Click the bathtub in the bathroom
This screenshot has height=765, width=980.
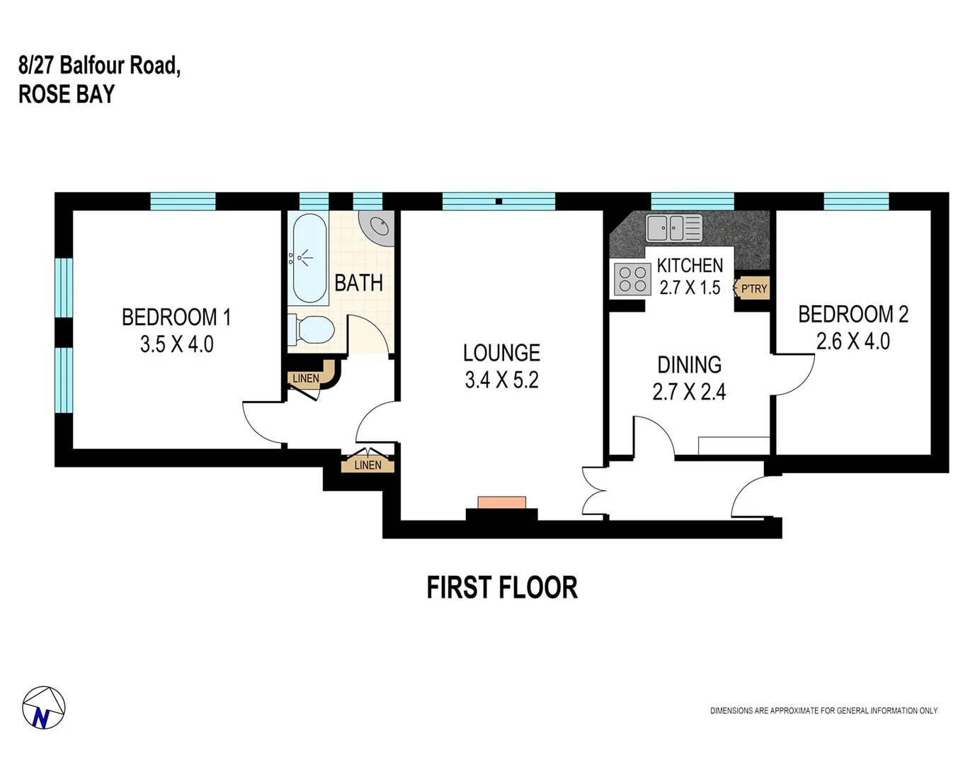point(309,259)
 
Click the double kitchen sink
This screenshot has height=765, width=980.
point(673,228)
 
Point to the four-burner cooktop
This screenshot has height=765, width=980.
point(632,278)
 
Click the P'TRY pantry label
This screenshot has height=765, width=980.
point(753,289)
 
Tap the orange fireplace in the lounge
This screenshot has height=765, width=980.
point(501,502)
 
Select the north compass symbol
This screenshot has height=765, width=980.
point(43,708)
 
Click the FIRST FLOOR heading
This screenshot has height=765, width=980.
point(501,588)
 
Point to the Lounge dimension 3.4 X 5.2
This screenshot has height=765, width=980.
point(501,380)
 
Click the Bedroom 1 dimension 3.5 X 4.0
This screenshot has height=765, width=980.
point(176,345)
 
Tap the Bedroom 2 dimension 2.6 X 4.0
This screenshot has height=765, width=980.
point(853,341)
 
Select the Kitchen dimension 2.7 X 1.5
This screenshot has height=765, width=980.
point(689,288)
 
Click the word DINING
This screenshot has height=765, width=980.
point(689,365)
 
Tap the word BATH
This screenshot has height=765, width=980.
point(358,283)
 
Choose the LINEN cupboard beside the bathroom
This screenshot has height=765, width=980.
point(306,378)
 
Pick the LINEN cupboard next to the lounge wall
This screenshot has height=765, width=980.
point(367,465)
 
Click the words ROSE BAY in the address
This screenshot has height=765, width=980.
point(67,94)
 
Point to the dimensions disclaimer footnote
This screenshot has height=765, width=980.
point(824,710)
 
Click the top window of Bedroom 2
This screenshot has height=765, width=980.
point(855,201)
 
